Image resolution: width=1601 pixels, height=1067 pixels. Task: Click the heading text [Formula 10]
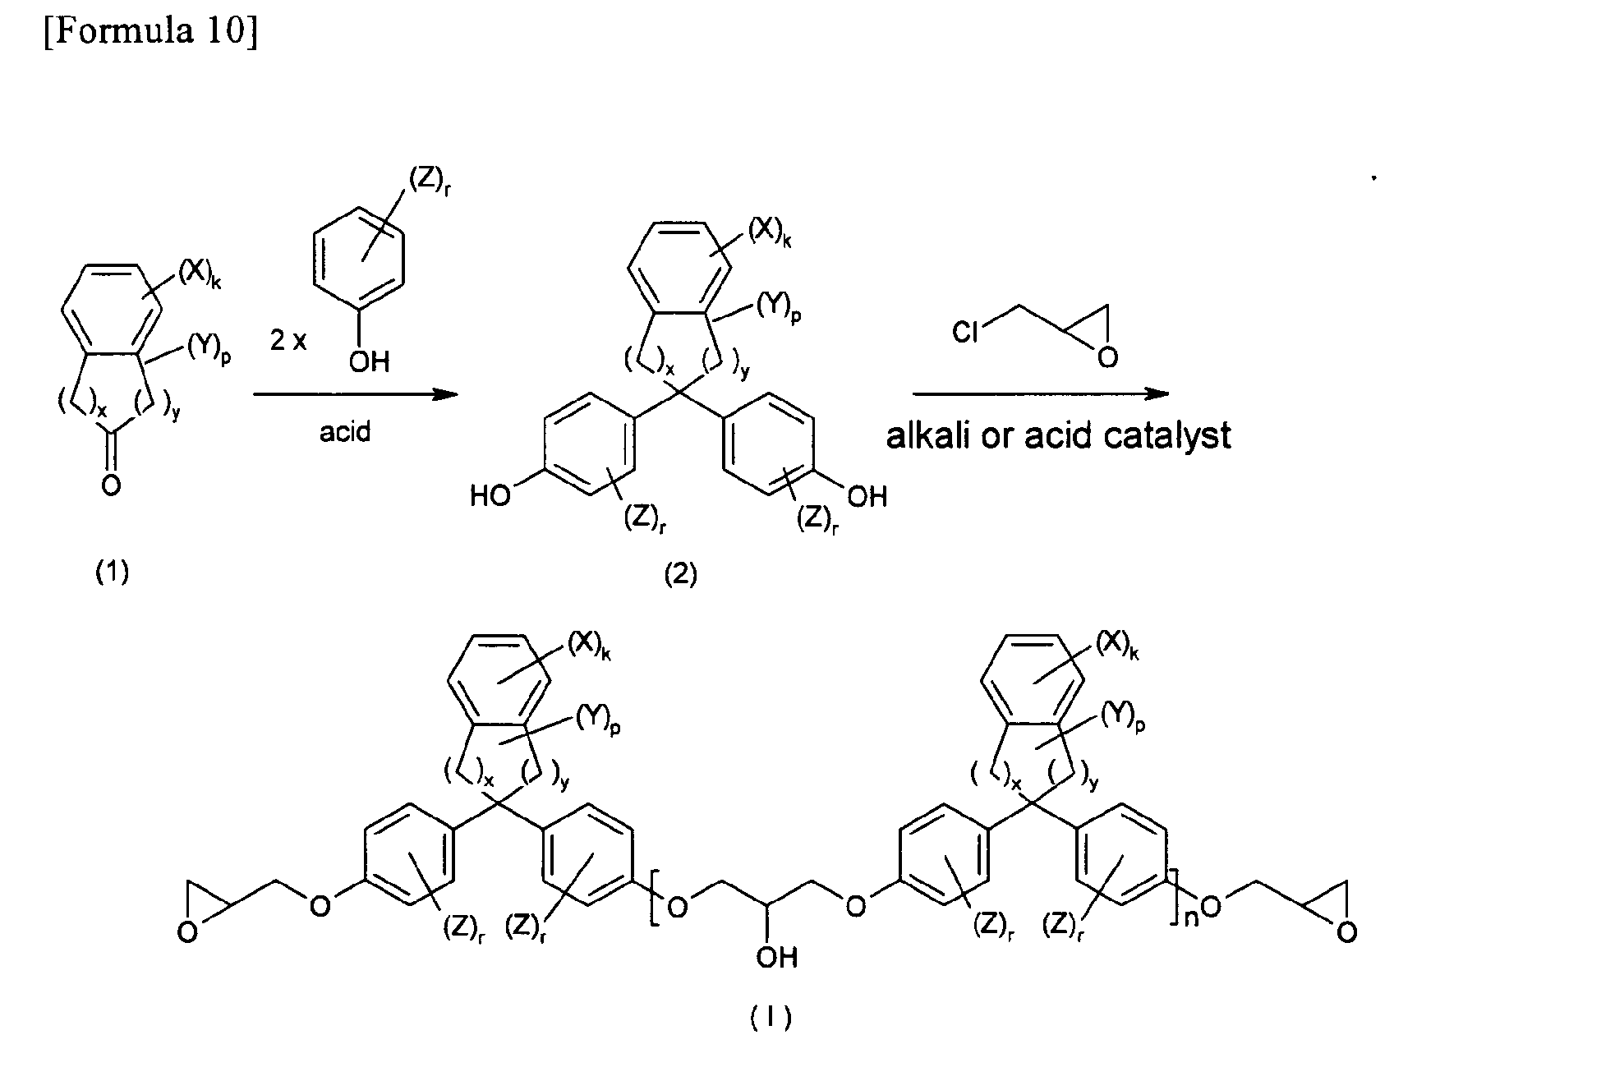coord(150,30)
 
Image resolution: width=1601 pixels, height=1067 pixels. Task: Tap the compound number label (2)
coord(680,574)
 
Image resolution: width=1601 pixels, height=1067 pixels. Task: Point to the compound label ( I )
coord(771,1019)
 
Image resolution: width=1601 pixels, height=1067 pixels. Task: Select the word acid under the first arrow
coord(345,431)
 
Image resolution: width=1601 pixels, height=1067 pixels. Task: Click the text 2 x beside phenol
coord(288,340)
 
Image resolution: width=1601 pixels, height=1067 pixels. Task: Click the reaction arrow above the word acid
coord(355,395)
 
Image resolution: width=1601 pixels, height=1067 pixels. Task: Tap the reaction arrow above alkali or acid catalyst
coord(1041,394)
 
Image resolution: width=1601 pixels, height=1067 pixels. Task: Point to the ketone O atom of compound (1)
coord(111,486)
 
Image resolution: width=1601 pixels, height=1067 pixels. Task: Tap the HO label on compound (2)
coord(491,496)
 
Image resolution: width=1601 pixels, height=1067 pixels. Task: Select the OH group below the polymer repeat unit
coord(776,957)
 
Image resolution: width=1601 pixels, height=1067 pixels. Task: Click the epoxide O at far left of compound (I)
coord(188,933)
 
